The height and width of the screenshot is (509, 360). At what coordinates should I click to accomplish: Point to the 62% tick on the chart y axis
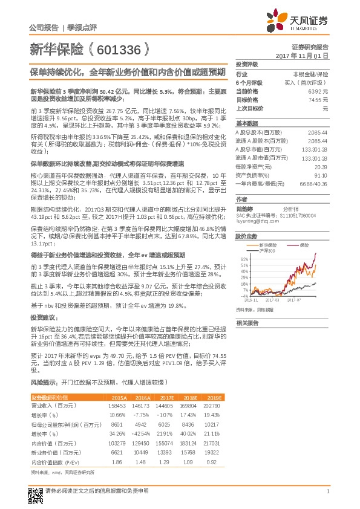coord(243,258)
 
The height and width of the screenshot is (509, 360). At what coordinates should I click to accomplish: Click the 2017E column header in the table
coord(165,397)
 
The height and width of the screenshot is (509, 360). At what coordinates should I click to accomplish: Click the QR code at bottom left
coord(35,491)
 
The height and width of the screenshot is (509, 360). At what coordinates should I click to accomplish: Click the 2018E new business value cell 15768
coord(189,453)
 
